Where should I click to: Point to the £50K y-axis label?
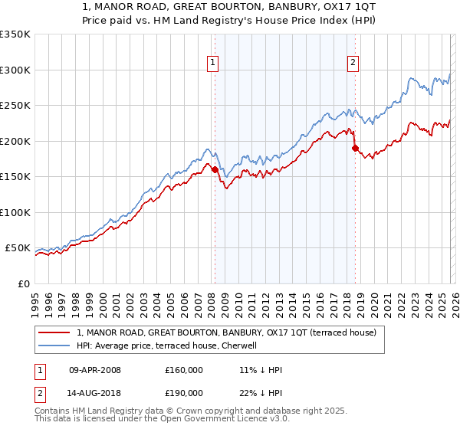17,248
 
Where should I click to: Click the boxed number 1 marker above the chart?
212,64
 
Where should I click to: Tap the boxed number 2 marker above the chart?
353,64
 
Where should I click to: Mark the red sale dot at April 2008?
215,169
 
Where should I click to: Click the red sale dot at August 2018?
355,148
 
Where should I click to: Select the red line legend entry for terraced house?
226,333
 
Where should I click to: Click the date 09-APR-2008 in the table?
95,370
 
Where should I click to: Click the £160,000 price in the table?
184,370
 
